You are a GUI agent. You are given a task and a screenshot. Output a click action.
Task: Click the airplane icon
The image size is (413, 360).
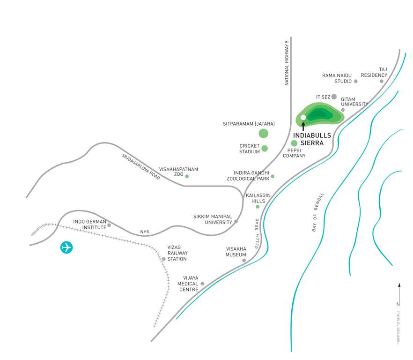click(66, 247)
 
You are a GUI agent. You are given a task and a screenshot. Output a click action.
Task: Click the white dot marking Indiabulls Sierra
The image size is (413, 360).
click(303, 117)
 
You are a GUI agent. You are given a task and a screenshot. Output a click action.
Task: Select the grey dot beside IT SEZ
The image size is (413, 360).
click(334, 97)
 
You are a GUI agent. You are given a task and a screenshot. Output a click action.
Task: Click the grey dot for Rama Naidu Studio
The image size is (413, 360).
click(355, 81)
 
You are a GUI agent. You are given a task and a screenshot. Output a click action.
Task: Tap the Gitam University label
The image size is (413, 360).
click(354, 102)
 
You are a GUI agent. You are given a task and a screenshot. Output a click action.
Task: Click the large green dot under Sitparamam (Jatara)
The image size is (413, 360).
click(263, 134)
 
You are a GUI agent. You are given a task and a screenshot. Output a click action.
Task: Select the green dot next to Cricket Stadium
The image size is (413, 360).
click(265, 149)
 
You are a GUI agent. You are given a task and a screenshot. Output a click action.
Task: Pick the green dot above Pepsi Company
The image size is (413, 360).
click(294, 143)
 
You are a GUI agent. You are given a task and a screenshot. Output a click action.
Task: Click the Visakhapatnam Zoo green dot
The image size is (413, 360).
click(187, 176)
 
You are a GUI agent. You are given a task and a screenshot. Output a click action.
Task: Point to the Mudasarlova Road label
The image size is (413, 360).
click(141, 167)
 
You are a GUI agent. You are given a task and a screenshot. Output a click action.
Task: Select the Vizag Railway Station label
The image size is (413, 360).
click(177, 253)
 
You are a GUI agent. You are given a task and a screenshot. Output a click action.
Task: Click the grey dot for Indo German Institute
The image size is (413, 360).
click(109, 225)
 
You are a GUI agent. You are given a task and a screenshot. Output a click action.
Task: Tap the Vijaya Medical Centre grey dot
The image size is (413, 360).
click(202, 284)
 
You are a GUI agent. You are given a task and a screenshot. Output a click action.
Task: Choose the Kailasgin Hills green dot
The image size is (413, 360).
click(257, 207)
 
